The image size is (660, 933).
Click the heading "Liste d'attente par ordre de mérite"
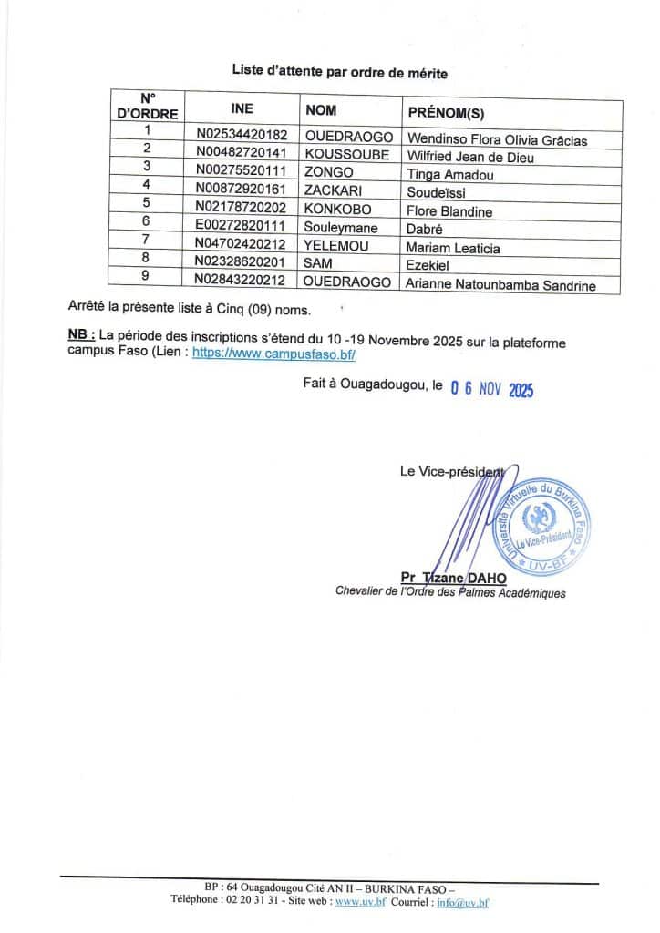[339, 71]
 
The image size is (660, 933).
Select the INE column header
[242, 108]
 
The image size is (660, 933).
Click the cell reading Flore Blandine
[449, 211]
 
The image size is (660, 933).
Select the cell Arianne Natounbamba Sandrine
[500, 285]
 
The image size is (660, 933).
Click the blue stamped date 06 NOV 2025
[491, 389]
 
